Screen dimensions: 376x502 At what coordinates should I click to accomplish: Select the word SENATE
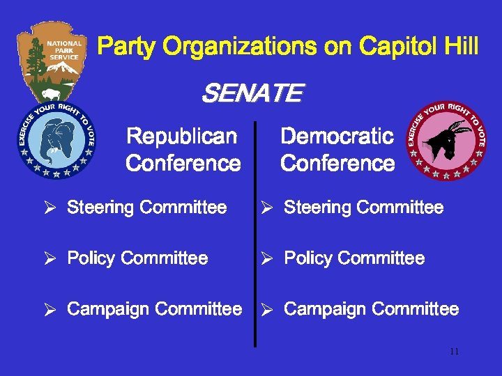(252, 93)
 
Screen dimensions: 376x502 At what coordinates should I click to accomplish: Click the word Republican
(182, 136)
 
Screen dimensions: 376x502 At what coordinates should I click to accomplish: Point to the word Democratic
(337, 136)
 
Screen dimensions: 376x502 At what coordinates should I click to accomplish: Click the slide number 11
(454, 352)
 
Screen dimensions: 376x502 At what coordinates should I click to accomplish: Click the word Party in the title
(127, 47)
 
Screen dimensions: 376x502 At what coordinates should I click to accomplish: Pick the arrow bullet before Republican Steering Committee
(50, 207)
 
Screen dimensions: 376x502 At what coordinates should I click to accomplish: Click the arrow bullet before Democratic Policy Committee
(266, 259)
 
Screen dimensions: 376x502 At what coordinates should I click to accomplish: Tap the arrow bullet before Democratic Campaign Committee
(266, 310)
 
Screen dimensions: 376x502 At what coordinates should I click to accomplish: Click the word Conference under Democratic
(337, 164)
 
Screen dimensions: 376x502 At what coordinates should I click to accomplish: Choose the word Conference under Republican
(183, 164)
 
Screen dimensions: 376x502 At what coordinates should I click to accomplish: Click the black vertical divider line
(255, 237)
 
